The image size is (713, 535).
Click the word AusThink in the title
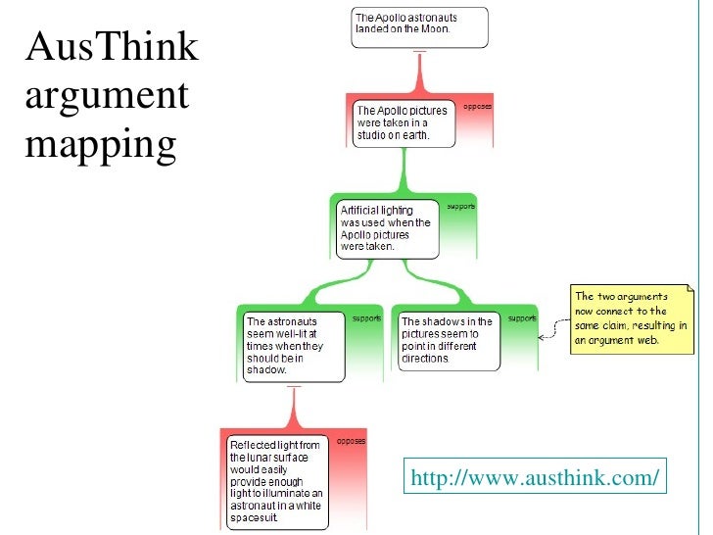click(x=110, y=47)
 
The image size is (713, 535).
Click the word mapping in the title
click(x=101, y=144)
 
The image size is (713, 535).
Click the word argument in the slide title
click(x=107, y=96)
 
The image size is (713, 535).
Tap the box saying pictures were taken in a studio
click(x=402, y=123)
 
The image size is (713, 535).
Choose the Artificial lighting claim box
click(x=384, y=229)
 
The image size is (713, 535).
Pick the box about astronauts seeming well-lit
click(x=293, y=345)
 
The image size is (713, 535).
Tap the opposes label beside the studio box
click(x=477, y=106)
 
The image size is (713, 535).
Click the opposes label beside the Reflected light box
click(x=351, y=442)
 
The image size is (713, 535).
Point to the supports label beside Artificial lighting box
click(x=460, y=207)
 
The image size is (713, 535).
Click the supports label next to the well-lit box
click(x=366, y=318)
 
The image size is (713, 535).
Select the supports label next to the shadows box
click(x=521, y=318)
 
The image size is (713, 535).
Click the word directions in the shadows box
click(x=426, y=359)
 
